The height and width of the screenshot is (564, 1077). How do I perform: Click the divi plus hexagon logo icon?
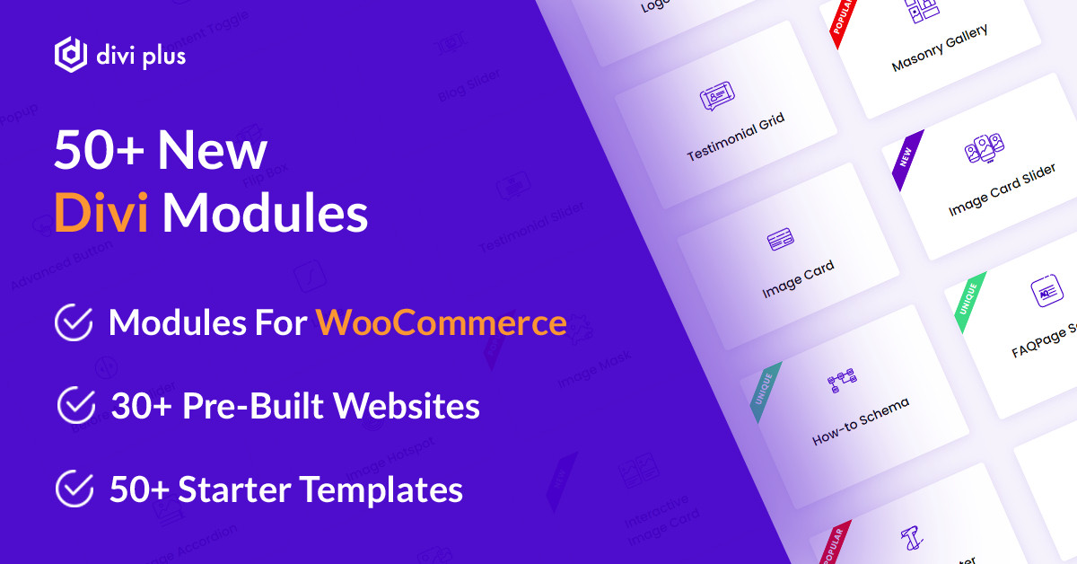tap(71, 55)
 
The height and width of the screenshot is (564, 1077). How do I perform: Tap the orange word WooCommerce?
tap(441, 322)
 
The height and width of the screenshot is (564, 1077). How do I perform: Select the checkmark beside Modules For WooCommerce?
tap(74, 323)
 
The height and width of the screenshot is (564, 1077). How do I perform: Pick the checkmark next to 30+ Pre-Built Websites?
tap(76, 406)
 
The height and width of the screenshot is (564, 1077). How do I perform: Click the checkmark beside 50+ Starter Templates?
tap(74, 489)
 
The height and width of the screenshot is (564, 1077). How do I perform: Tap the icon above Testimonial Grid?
tap(716, 95)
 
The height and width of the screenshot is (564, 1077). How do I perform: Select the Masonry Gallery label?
tap(940, 48)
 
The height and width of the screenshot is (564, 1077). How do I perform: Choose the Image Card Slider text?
tap(1002, 191)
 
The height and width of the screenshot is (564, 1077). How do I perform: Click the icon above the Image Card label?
tap(780, 241)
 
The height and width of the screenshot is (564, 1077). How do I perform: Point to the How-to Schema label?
tap(861, 421)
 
